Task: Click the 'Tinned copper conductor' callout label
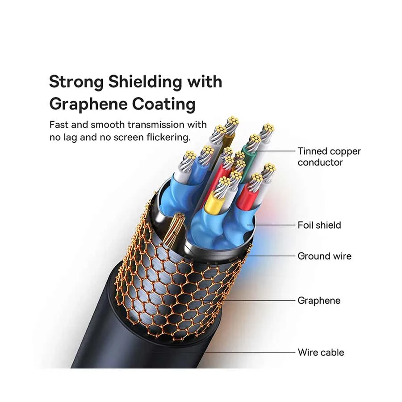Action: point(329,157)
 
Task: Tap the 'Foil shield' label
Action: point(319,225)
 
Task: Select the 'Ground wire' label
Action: point(324,256)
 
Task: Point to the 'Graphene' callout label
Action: point(319,301)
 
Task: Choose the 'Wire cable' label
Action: point(321,352)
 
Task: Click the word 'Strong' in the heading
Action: point(76,83)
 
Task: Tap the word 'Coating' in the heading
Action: point(163,105)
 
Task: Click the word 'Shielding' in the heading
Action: point(145,83)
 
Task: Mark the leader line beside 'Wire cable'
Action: point(250,352)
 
